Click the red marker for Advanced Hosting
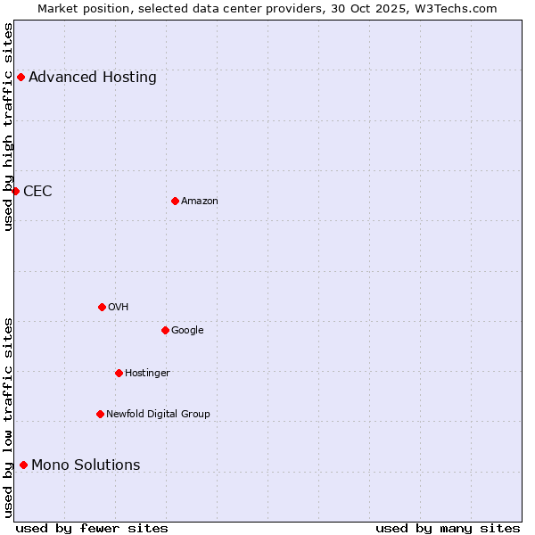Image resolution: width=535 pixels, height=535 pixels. (x=21, y=77)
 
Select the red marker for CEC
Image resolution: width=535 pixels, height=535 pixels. (x=15, y=191)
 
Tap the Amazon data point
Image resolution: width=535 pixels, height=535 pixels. (x=175, y=201)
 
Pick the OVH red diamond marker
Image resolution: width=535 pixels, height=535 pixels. (x=102, y=307)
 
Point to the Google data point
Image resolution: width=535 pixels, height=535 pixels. (x=165, y=330)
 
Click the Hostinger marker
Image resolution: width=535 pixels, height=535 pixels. (x=119, y=373)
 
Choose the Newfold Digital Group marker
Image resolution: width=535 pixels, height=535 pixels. (x=100, y=414)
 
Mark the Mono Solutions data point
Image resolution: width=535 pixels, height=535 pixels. (x=23, y=465)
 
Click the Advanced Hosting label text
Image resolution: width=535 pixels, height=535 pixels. (x=93, y=77)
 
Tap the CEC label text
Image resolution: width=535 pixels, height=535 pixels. (x=37, y=191)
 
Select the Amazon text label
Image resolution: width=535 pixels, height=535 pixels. (x=200, y=201)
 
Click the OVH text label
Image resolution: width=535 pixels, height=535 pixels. (x=119, y=307)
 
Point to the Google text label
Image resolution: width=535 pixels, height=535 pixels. (x=187, y=330)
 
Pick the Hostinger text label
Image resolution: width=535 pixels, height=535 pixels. (x=147, y=373)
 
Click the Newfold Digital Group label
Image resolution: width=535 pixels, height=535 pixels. (x=158, y=414)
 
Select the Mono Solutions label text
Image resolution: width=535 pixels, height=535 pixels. (x=86, y=465)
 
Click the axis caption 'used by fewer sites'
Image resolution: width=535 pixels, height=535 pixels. (x=92, y=528)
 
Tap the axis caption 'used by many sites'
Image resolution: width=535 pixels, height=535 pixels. (x=448, y=528)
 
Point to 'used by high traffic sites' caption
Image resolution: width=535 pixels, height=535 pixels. (x=9, y=127)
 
